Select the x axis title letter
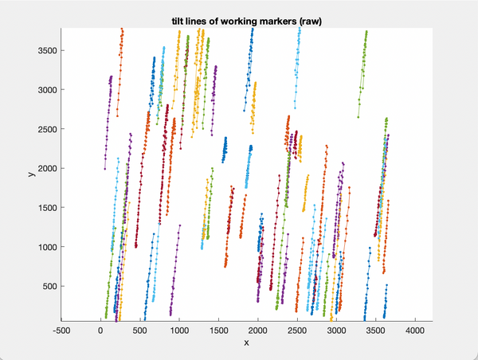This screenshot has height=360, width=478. [246, 342]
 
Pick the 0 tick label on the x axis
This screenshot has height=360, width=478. [100, 328]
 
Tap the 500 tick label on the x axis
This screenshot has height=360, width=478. [139, 328]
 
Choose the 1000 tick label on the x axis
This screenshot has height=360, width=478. [178, 328]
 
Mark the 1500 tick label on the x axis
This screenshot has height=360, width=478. [217, 328]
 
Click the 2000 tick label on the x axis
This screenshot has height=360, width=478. [257, 328]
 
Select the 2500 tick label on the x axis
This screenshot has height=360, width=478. [296, 328]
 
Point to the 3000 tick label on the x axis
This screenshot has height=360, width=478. [335, 328]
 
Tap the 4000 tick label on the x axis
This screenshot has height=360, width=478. [414, 328]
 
